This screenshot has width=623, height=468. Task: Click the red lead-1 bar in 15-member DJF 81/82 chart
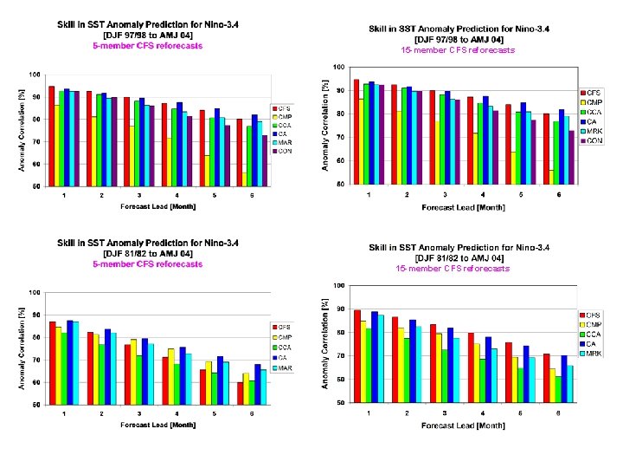[x=357, y=356]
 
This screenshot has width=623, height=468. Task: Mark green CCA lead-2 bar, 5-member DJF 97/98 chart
[x=98, y=140]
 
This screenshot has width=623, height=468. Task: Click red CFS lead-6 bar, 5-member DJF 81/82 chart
[x=240, y=393]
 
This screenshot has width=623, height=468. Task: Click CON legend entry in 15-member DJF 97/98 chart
[x=594, y=140]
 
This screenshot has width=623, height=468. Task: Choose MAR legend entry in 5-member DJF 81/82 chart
[x=285, y=367]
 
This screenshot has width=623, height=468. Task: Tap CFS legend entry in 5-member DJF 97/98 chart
[x=285, y=108]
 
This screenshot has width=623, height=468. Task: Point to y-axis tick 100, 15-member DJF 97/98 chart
[x=338, y=67]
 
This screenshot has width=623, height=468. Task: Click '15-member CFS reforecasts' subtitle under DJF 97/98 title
[x=458, y=50]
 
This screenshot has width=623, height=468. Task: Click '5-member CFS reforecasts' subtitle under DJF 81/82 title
[x=148, y=263]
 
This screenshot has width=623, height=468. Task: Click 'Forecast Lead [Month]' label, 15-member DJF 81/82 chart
[x=463, y=425]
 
